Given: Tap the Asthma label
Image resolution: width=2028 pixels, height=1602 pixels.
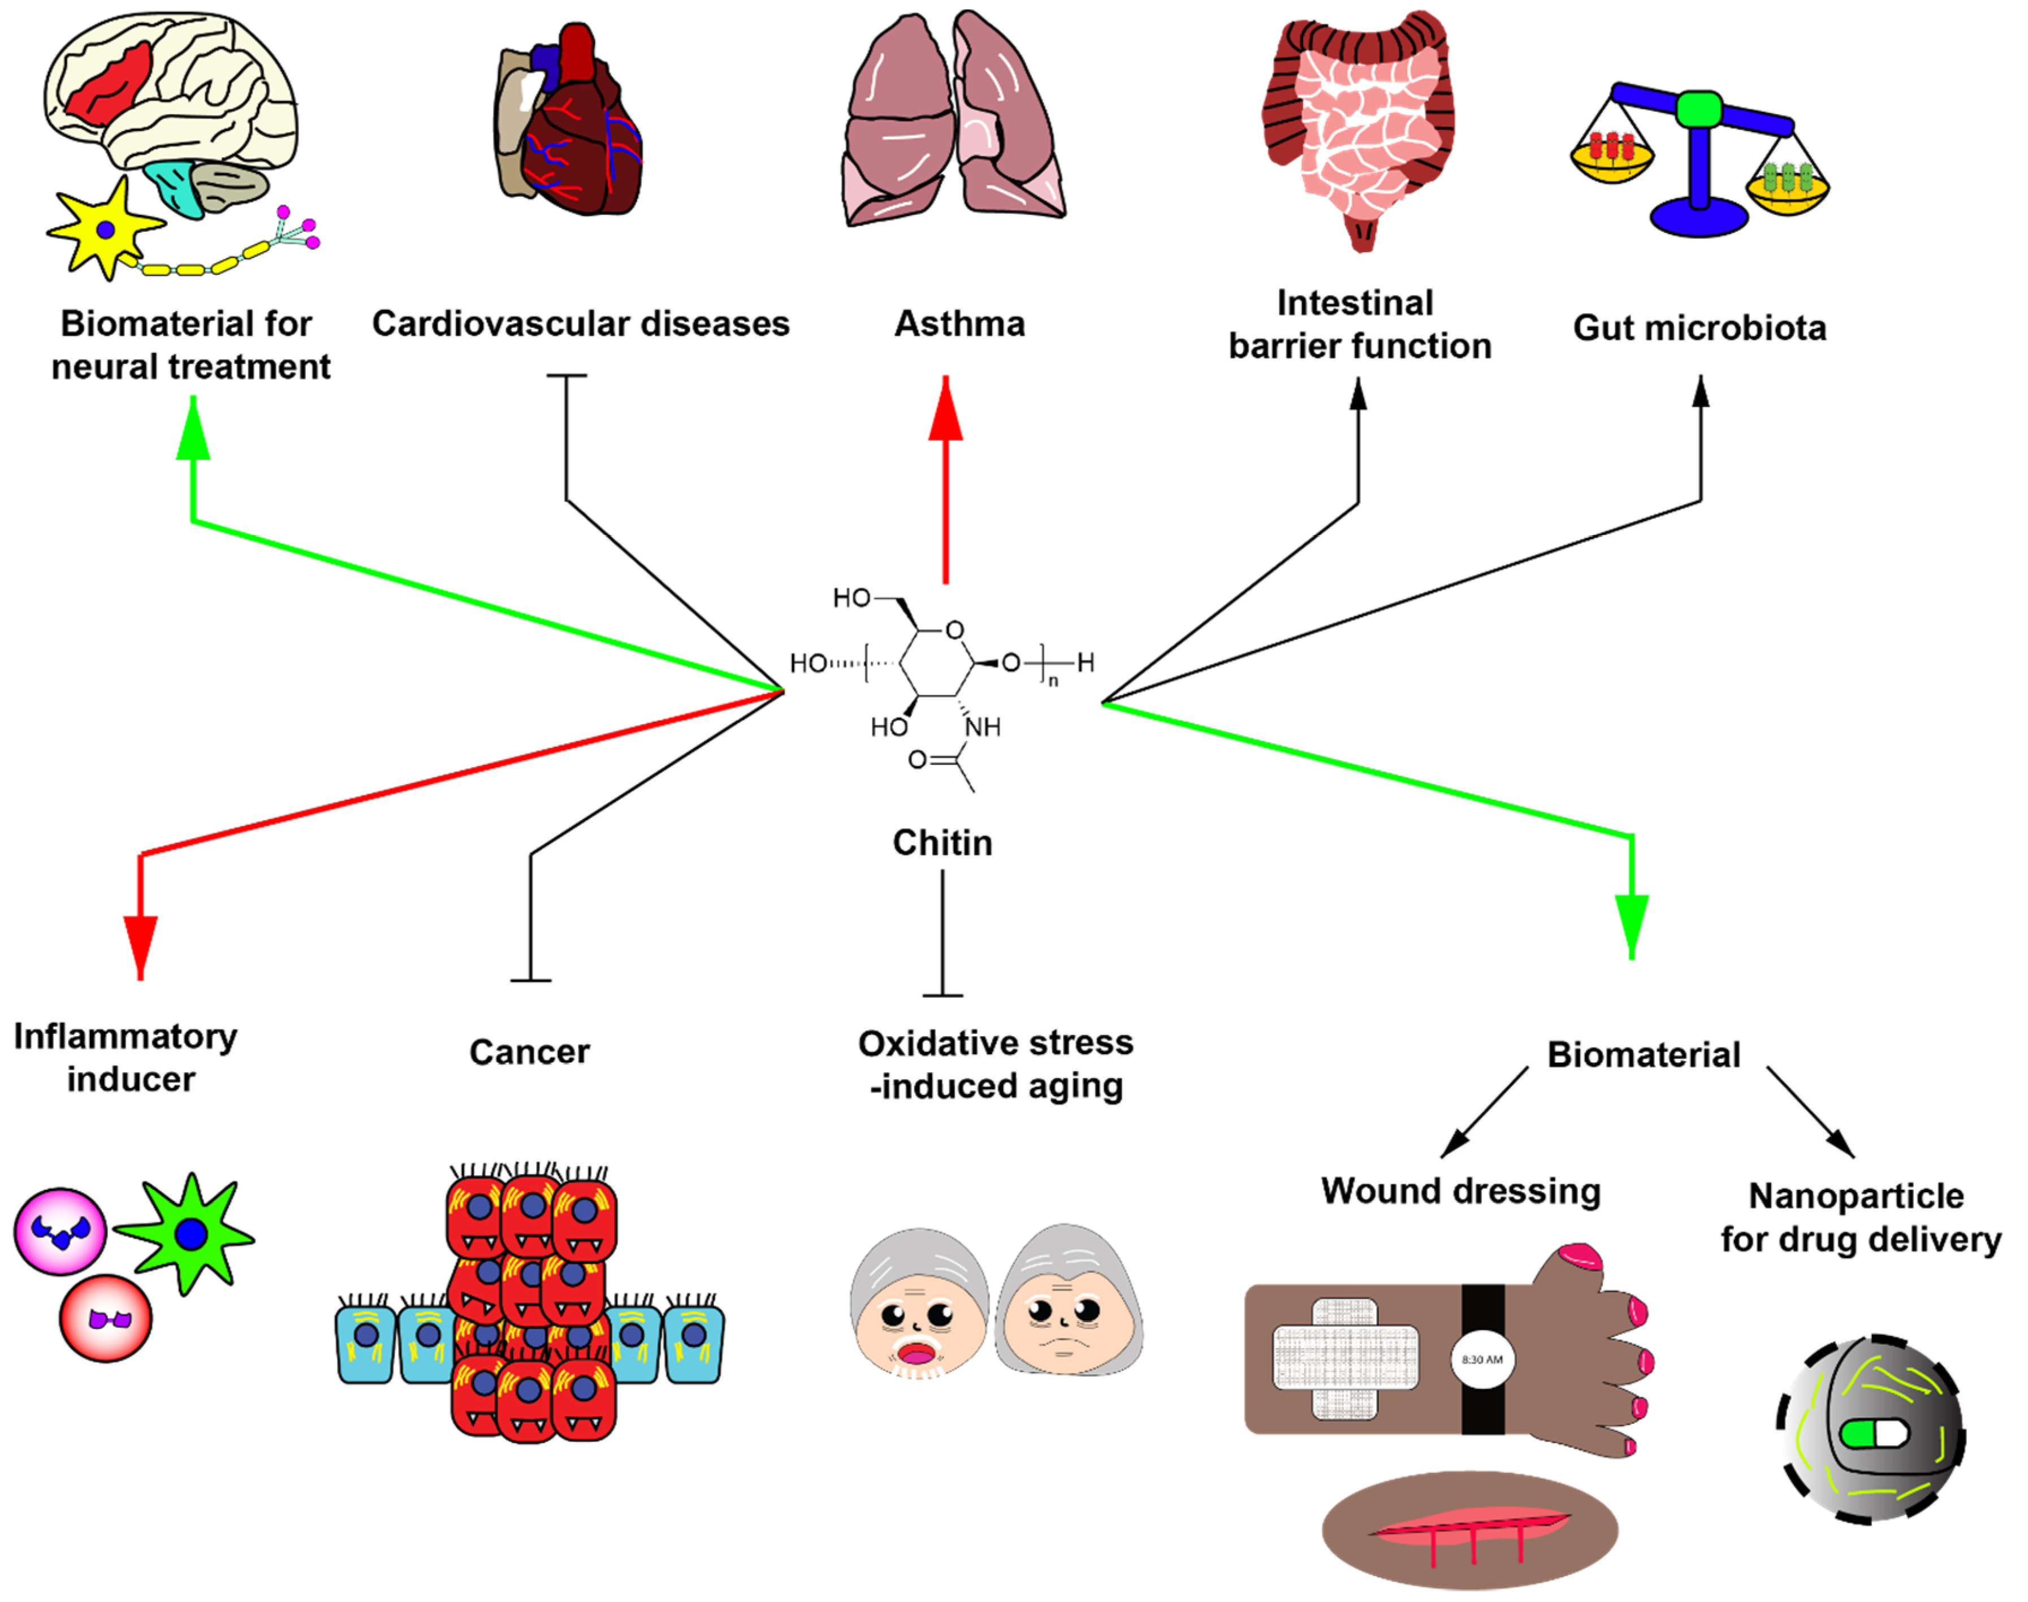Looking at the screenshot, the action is click(x=959, y=323).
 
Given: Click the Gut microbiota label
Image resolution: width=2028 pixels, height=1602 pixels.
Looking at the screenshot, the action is click(x=1700, y=327).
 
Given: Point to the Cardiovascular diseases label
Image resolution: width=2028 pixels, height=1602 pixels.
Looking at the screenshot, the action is click(x=581, y=323).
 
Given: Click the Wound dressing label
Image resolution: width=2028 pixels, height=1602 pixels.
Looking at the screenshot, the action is click(x=1460, y=1191).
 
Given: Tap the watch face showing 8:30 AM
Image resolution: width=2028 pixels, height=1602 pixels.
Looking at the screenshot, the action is click(x=1482, y=1359).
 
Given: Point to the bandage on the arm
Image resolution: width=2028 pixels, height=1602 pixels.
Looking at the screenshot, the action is click(x=1345, y=1357).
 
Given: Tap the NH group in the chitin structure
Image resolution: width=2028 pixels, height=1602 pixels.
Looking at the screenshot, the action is click(x=983, y=727).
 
